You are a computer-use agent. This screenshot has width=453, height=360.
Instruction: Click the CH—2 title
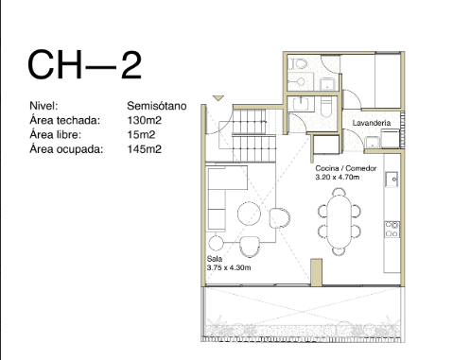[x=84, y=65]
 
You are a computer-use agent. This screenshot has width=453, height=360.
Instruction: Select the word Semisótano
[x=157, y=106]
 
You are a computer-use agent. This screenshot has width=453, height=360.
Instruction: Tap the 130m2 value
[x=145, y=120]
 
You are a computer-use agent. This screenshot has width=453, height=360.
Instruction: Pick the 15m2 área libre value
[x=141, y=135]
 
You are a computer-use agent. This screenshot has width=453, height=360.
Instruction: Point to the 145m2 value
[x=145, y=149]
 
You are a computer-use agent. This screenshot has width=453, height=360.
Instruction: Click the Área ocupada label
[x=66, y=149]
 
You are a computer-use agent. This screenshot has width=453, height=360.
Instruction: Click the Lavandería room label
[x=372, y=123]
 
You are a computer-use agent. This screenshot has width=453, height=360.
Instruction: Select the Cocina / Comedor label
[x=346, y=168]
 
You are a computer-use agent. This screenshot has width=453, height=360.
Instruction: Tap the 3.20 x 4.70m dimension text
[x=338, y=177]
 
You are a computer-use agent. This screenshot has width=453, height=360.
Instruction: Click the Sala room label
[x=215, y=259]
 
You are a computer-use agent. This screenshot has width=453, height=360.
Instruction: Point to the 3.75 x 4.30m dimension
[x=229, y=267]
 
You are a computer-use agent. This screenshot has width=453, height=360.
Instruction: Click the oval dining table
[x=339, y=221]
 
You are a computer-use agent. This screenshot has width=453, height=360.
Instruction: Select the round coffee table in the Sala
[x=249, y=214]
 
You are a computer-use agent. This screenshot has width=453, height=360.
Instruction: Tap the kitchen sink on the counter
[x=392, y=180]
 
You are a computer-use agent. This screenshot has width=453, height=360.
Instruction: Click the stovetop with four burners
[x=392, y=230]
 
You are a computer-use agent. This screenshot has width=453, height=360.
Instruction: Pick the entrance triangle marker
[x=218, y=98]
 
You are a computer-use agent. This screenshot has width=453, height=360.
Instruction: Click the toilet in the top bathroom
[x=299, y=64]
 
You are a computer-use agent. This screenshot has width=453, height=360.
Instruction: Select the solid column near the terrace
[x=317, y=272]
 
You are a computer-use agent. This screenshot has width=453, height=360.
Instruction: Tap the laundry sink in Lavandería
[x=373, y=143]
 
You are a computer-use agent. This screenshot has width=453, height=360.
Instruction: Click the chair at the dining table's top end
[x=339, y=191]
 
